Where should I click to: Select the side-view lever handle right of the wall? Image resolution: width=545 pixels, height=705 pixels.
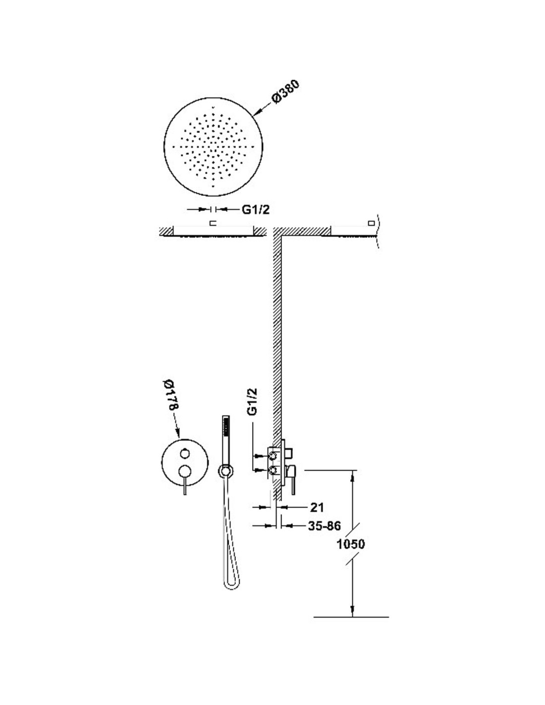point(292,480)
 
